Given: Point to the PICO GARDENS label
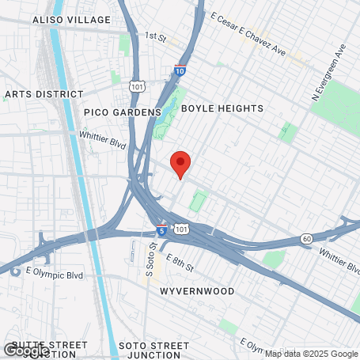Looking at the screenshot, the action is pyautogui.click(x=122, y=112).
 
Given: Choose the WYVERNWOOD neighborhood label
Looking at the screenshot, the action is pyautogui.click(x=197, y=291).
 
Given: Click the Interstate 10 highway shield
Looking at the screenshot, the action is pyautogui.click(x=180, y=70).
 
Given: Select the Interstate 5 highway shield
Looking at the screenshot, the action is pyautogui.click(x=161, y=231).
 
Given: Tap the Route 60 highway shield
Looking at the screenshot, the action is pyautogui.click(x=306, y=238).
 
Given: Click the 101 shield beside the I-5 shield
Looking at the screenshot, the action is pyautogui.click(x=182, y=229).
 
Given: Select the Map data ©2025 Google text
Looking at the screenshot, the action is pyautogui.click(x=310, y=354).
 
